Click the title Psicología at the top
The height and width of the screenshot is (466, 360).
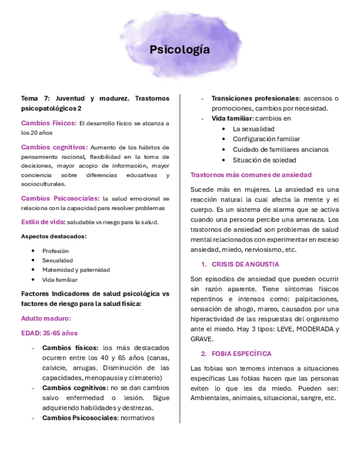(180, 50)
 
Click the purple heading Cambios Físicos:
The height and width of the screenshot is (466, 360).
(49, 123)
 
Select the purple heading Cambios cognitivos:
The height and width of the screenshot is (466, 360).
(54, 147)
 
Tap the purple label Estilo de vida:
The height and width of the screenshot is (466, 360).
(43, 222)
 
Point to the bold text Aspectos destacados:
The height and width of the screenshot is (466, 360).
(53, 236)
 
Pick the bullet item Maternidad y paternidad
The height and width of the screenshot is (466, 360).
(76, 270)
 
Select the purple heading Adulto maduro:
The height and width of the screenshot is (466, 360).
(46, 318)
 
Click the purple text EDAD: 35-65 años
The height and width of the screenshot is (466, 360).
(49, 333)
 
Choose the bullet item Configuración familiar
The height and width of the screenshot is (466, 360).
(266, 139)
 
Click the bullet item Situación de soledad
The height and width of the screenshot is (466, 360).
(264, 160)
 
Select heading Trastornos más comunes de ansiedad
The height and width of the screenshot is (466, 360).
(251, 175)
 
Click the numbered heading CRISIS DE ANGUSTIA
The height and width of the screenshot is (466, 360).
(245, 264)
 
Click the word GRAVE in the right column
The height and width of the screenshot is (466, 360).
(201, 339)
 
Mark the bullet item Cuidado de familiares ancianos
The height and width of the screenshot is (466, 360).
(280, 149)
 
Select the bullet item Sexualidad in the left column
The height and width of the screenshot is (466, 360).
(58, 260)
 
